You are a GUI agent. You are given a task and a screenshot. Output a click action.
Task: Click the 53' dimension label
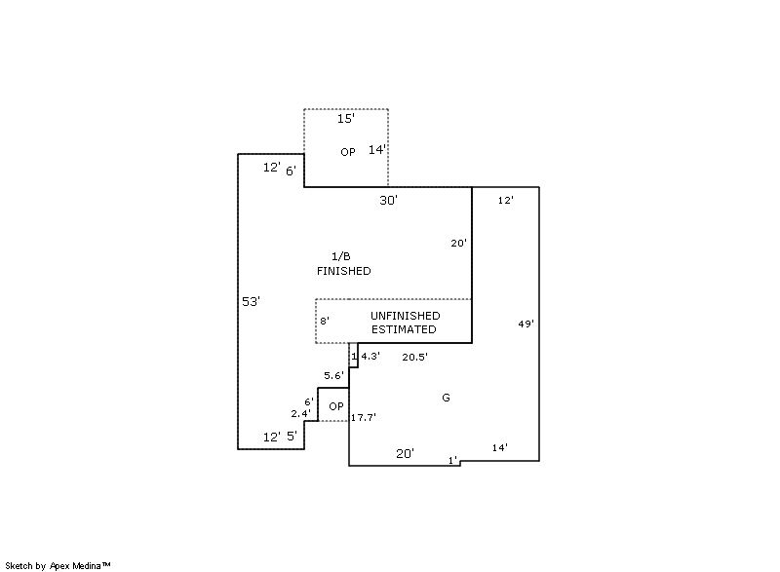tap(251, 301)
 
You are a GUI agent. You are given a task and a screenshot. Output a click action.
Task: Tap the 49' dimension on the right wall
tap(526, 324)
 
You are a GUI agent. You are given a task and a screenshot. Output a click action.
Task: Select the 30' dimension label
tap(388, 200)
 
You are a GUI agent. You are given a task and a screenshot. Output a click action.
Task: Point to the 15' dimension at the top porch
tap(346, 118)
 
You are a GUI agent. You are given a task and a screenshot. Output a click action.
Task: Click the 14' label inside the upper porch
tap(377, 149)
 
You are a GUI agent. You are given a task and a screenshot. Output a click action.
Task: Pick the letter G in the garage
tap(446, 397)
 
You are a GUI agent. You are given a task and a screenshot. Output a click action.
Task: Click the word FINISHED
tap(344, 271)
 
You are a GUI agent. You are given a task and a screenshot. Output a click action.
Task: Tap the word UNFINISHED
tap(405, 316)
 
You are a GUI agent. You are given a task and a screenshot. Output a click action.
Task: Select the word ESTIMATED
tap(404, 329)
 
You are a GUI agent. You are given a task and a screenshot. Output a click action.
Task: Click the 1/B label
tap(340, 256)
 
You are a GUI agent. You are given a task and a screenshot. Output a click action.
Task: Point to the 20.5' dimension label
tap(415, 357)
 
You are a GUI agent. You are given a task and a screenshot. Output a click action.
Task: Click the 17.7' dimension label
tap(363, 417)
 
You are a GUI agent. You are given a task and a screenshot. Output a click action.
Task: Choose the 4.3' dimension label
tap(370, 356)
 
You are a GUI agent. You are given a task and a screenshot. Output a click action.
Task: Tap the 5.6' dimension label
tap(333, 376)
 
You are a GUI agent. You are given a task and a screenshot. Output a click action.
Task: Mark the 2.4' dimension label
tap(301, 413)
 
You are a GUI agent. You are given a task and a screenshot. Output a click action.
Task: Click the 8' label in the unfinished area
tap(325, 321)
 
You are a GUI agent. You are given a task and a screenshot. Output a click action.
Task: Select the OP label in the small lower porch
tap(336, 406)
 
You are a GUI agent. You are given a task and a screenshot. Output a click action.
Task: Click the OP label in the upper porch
tap(348, 152)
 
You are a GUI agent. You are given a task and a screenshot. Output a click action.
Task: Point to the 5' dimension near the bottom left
tap(292, 436)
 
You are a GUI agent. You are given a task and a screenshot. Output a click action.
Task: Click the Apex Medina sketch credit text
tap(58, 565)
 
